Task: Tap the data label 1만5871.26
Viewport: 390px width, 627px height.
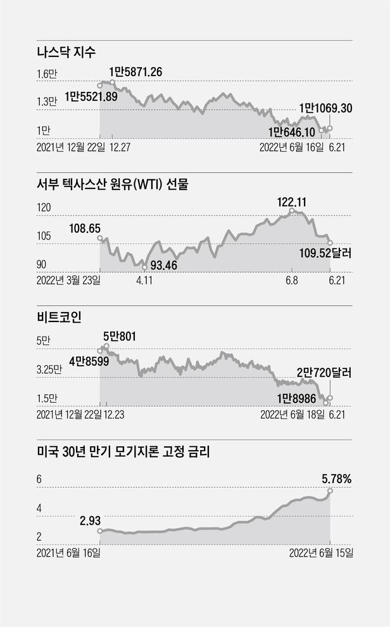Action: pos(136,72)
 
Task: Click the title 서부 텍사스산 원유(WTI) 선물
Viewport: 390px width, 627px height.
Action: pos(113,185)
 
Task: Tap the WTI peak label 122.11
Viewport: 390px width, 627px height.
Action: pos(292,202)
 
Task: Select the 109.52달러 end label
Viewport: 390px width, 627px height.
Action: pos(325,254)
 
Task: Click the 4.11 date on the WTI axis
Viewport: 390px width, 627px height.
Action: pos(145,280)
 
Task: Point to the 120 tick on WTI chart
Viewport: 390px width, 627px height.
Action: pos(46,207)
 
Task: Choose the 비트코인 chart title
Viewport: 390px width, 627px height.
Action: pos(60,318)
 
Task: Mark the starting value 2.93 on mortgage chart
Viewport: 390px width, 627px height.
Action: pos(91,520)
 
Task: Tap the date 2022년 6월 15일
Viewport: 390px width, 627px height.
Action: pos(321,552)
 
